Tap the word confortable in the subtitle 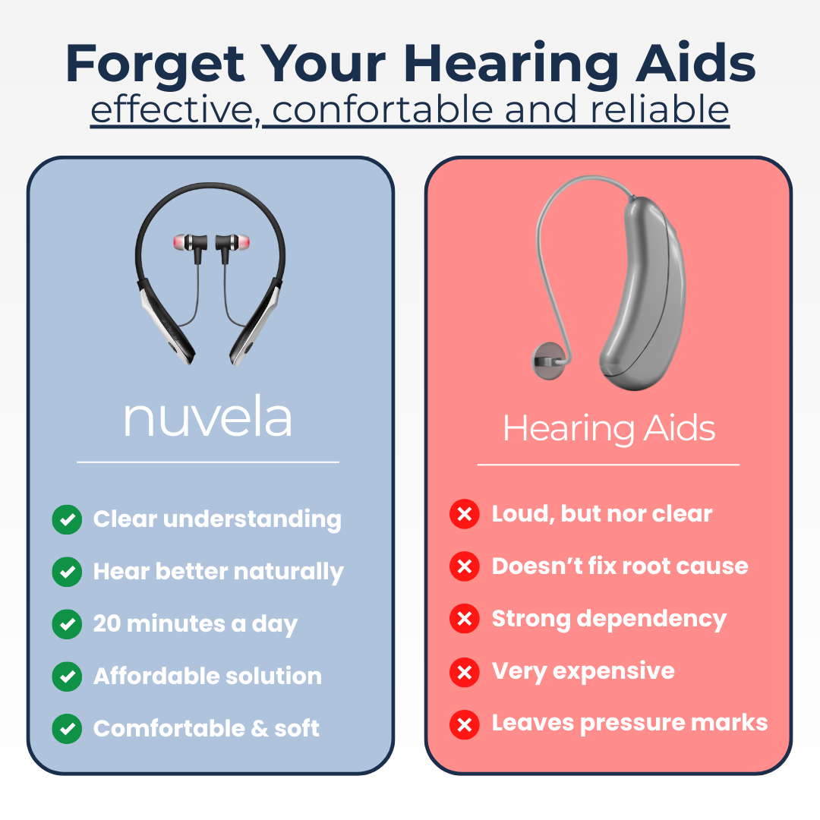coord(382,109)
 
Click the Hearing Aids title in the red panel coord(609,429)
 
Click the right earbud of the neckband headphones coord(233,243)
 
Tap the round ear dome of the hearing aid coord(549,361)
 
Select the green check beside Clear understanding coord(67,519)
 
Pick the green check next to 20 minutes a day coord(67,624)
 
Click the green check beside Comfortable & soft coord(67,728)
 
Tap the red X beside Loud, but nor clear coord(465,514)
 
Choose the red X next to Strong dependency coord(465,619)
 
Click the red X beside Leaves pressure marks coord(465,724)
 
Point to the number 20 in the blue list coord(107,623)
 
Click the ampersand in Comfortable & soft coord(259,728)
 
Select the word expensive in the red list coord(613,672)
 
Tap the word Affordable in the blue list coord(156,676)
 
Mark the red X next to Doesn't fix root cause coord(465,566)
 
